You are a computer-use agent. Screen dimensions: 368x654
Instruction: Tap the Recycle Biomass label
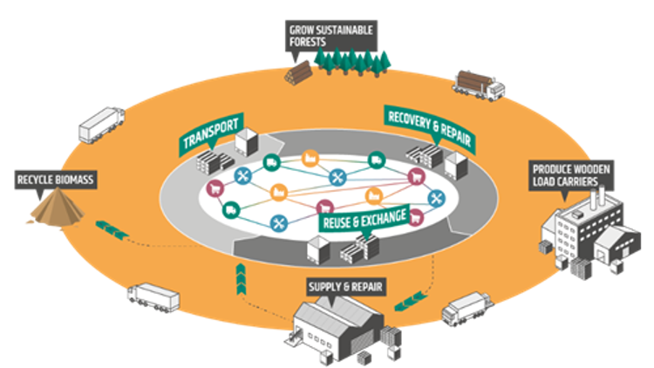pos(55,181)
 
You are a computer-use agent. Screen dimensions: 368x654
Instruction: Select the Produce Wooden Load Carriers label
pos(568,174)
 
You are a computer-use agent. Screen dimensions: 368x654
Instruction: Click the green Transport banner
pos(210,133)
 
